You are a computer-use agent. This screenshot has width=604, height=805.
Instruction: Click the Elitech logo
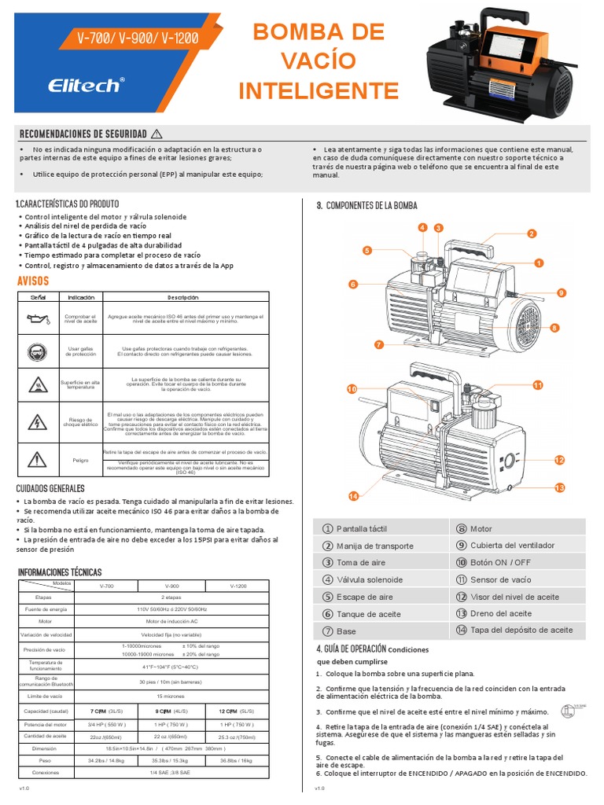tap(87, 84)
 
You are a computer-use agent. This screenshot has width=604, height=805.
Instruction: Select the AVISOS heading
tap(33, 281)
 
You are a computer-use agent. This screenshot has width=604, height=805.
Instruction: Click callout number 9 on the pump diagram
tap(561, 292)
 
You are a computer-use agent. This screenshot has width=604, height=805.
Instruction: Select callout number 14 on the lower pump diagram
tap(353, 496)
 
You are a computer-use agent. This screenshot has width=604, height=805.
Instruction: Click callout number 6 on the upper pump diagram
tap(353, 284)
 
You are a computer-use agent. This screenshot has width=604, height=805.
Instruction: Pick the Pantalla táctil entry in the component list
tap(361, 528)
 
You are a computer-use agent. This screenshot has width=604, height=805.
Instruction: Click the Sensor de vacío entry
tap(500, 579)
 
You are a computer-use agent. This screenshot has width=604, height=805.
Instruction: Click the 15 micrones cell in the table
tap(171, 696)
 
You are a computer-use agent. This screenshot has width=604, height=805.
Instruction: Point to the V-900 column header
tap(171, 586)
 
